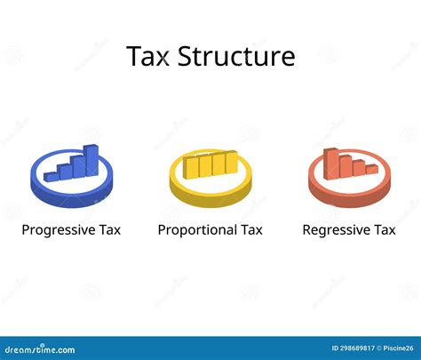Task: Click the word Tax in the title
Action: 150,57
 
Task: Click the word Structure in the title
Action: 237,57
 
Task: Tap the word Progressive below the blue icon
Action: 58,230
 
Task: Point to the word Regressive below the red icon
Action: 336,230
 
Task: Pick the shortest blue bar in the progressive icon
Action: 52,175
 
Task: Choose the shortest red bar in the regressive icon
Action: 371,168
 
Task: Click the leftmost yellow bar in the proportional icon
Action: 189,166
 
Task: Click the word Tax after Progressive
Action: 109,230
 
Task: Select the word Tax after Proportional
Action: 251,230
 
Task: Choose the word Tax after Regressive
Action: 384,230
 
